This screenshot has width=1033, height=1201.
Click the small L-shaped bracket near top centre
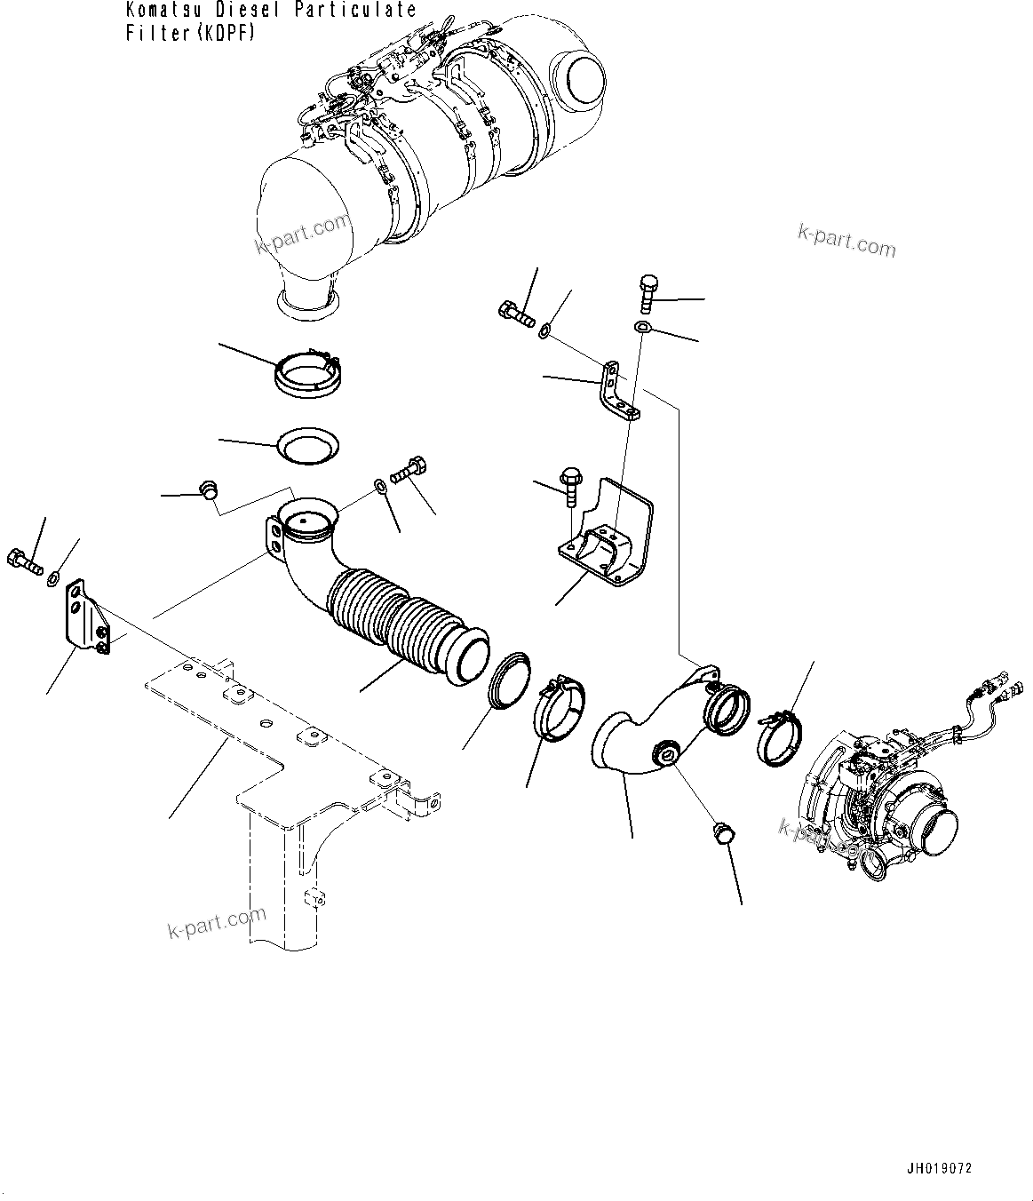(x=618, y=391)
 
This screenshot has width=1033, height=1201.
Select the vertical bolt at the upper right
(x=646, y=293)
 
